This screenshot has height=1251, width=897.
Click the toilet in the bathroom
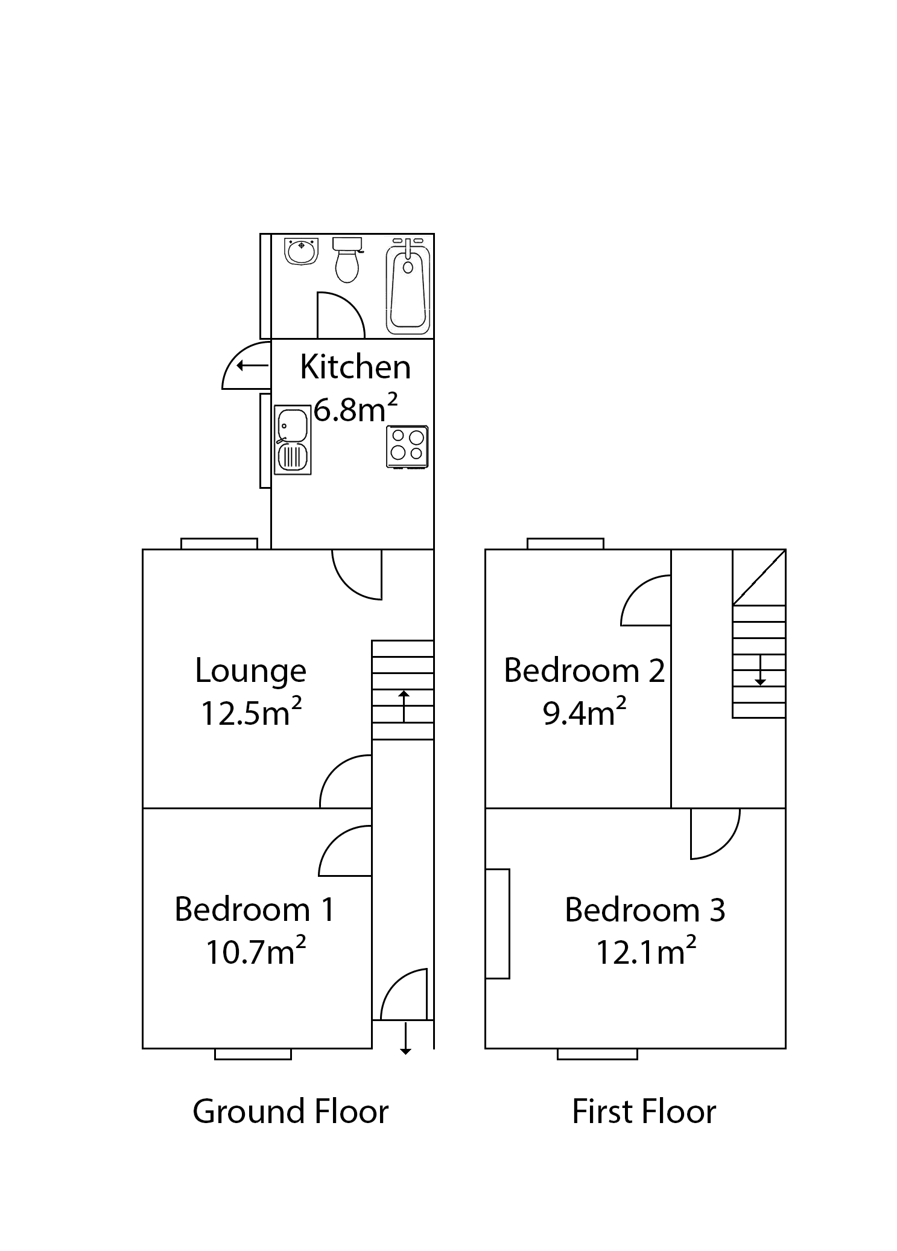coord(347,261)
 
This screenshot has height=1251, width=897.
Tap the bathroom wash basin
coord(301,251)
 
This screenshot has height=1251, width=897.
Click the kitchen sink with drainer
coord(293,440)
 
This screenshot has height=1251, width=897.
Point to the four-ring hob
coord(407,447)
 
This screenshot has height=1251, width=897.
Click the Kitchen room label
coord(355,367)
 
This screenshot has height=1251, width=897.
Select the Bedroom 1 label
coord(254,909)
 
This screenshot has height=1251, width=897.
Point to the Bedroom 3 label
coord(644,910)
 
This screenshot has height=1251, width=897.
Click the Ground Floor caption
coord(290,1112)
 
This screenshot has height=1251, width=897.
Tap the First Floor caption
coord(644,1112)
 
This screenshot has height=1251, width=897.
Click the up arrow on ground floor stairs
coord(403,707)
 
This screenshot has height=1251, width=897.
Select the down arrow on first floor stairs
coord(760,670)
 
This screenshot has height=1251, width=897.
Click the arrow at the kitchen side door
coord(252,365)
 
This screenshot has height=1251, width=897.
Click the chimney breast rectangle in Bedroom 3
coord(498,923)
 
